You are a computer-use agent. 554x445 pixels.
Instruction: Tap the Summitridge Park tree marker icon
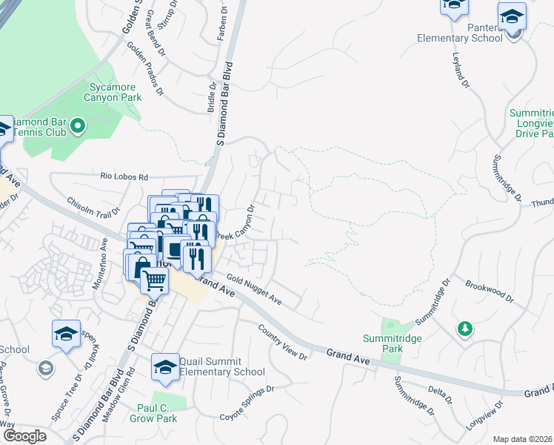tap(464, 328)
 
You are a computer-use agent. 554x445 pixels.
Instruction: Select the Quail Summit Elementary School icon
tap(165, 367)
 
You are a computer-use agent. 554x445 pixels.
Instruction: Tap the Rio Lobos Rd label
tap(124, 177)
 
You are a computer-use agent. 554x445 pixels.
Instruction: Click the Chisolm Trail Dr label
tap(93, 208)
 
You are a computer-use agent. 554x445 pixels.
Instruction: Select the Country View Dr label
tap(282, 341)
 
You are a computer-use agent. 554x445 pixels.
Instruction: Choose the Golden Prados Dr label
tap(145, 69)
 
